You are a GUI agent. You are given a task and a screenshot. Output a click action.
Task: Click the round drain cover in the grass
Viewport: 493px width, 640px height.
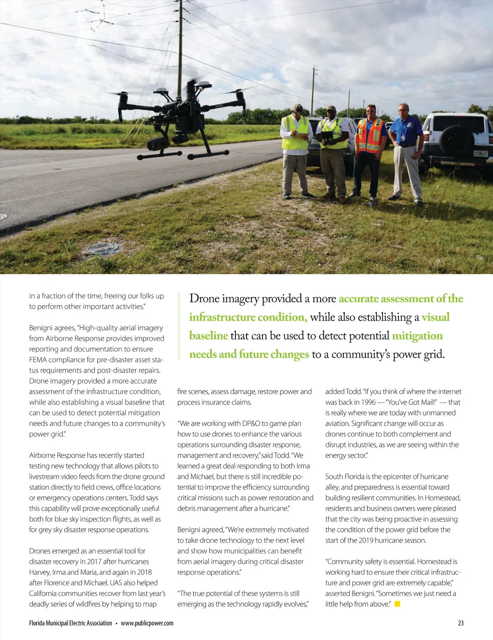[x=103, y=249]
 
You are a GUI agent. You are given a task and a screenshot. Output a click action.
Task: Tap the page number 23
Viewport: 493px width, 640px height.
[x=461, y=623]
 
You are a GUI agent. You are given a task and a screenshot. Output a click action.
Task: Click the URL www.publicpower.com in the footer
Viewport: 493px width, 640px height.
[x=147, y=623]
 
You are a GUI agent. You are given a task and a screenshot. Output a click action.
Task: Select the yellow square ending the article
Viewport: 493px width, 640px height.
[x=397, y=604]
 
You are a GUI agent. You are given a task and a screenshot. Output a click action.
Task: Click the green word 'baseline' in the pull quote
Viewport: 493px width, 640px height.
[x=208, y=336]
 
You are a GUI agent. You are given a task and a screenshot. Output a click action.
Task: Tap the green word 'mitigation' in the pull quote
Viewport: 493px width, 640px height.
[x=417, y=336]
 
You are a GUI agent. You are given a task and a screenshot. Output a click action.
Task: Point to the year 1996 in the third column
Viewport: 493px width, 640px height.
[x=368, y=402]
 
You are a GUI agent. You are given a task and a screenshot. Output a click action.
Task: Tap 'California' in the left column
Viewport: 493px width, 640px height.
[x=43, y=593]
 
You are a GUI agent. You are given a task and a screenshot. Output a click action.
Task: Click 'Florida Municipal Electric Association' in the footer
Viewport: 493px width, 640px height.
[x=70, y=623]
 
